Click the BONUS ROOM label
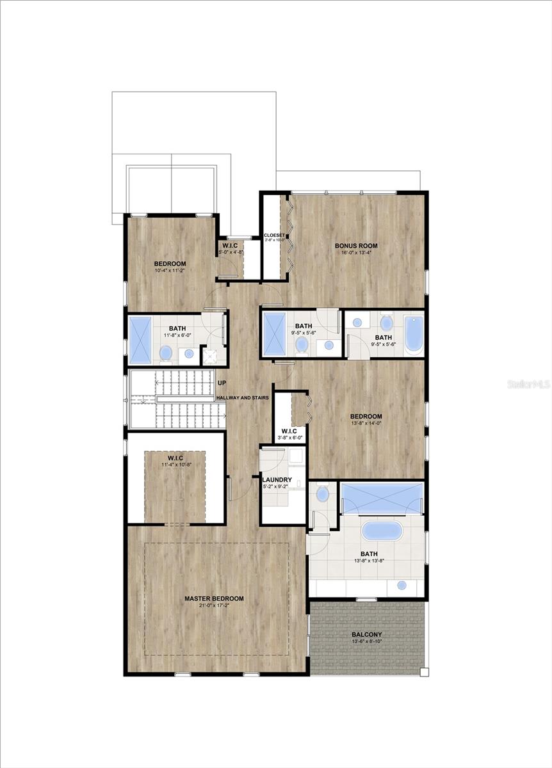356,246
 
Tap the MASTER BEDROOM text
214,598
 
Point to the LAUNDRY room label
277,479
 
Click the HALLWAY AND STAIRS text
242,397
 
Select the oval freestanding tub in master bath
382,531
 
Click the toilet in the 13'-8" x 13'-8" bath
323,493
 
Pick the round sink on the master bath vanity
402,585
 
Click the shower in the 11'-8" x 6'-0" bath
140,340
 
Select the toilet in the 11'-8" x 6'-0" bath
166,353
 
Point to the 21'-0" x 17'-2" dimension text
214,606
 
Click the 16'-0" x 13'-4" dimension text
356,253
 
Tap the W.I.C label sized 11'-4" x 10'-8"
175,458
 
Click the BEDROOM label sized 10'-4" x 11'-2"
170,264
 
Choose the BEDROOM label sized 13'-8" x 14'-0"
366,417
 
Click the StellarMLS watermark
528,384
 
